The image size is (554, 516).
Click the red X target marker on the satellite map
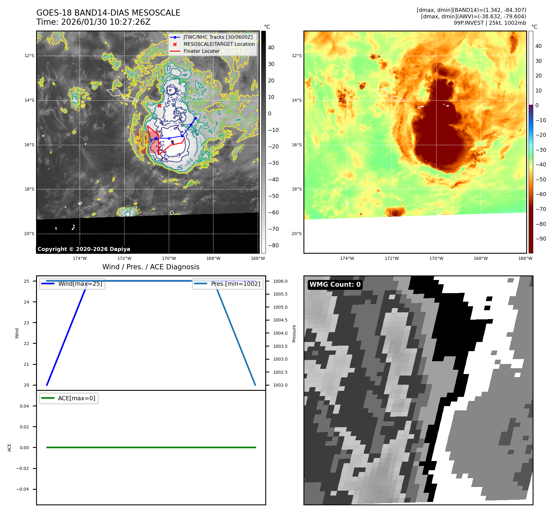160,106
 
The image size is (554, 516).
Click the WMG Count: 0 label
335,285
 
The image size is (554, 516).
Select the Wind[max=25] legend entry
80,284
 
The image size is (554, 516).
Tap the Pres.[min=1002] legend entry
236,284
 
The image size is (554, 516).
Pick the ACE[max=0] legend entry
76,398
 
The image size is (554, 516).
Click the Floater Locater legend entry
201,51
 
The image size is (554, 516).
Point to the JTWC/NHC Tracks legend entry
218,37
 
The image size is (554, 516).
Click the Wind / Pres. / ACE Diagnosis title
151,267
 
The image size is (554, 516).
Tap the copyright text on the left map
84,249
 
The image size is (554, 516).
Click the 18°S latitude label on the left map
29,189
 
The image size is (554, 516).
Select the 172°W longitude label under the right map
391,258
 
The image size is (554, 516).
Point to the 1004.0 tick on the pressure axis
280,333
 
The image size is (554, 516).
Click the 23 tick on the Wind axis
27,323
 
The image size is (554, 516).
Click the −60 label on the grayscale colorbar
273,213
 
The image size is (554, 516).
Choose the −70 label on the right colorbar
541,209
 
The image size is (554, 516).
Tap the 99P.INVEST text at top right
468,23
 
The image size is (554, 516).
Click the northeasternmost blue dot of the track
196,118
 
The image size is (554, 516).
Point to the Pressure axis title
294,333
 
